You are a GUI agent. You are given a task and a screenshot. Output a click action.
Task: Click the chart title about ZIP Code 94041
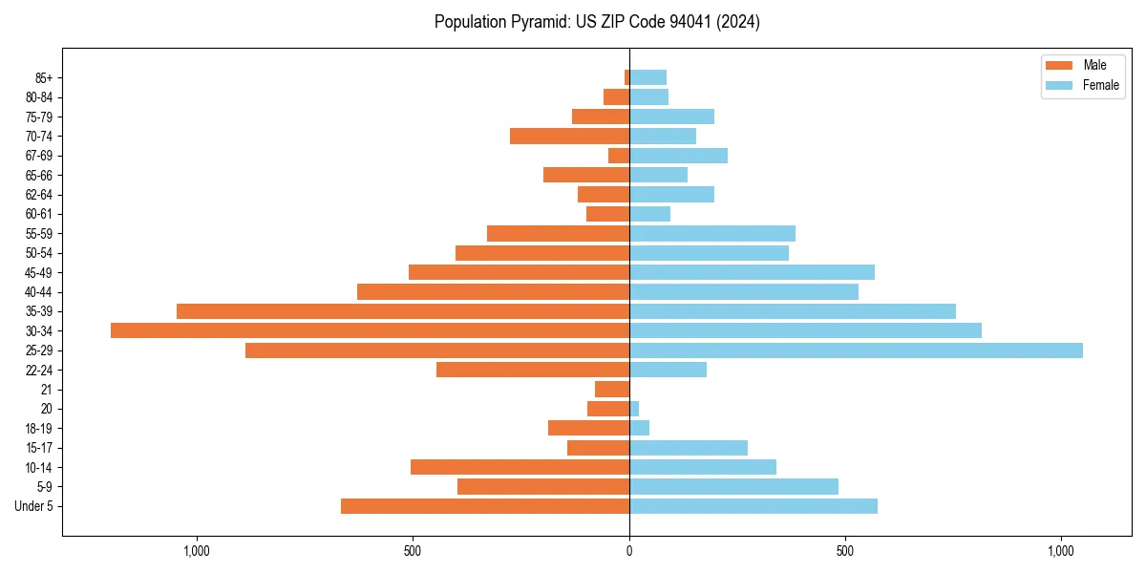coord(597,22)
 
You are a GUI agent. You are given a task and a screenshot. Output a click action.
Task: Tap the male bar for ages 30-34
coord(370,330)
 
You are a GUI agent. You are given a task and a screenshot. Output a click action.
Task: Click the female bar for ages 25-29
coord(856,350)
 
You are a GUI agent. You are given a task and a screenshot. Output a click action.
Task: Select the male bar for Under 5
coord(485,506)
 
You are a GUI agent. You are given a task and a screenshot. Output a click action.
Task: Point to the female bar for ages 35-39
coord(793,311)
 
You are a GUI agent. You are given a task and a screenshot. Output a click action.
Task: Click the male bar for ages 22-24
coord(533,370)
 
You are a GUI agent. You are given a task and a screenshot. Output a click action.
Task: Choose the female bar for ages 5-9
coord(733,487)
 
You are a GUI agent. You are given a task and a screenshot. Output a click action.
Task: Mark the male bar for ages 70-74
coord(569,137)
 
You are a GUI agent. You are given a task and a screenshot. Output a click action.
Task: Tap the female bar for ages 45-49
coord(752,272)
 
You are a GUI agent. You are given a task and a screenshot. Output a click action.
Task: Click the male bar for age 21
coord(612,390)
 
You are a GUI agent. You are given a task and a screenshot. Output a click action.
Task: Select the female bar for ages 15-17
coord(689,448)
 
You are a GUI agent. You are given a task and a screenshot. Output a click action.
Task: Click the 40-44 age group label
coord(39,292)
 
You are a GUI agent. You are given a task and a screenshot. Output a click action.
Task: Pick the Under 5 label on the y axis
coord(33,506)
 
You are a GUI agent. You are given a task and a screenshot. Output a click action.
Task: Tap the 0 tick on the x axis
coord(629,551)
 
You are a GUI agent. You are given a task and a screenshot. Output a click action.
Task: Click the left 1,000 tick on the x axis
coord(197,551)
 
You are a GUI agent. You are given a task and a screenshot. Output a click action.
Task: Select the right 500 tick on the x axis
coord(845,551)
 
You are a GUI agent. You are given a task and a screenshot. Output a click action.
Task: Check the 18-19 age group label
coord(39,429)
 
